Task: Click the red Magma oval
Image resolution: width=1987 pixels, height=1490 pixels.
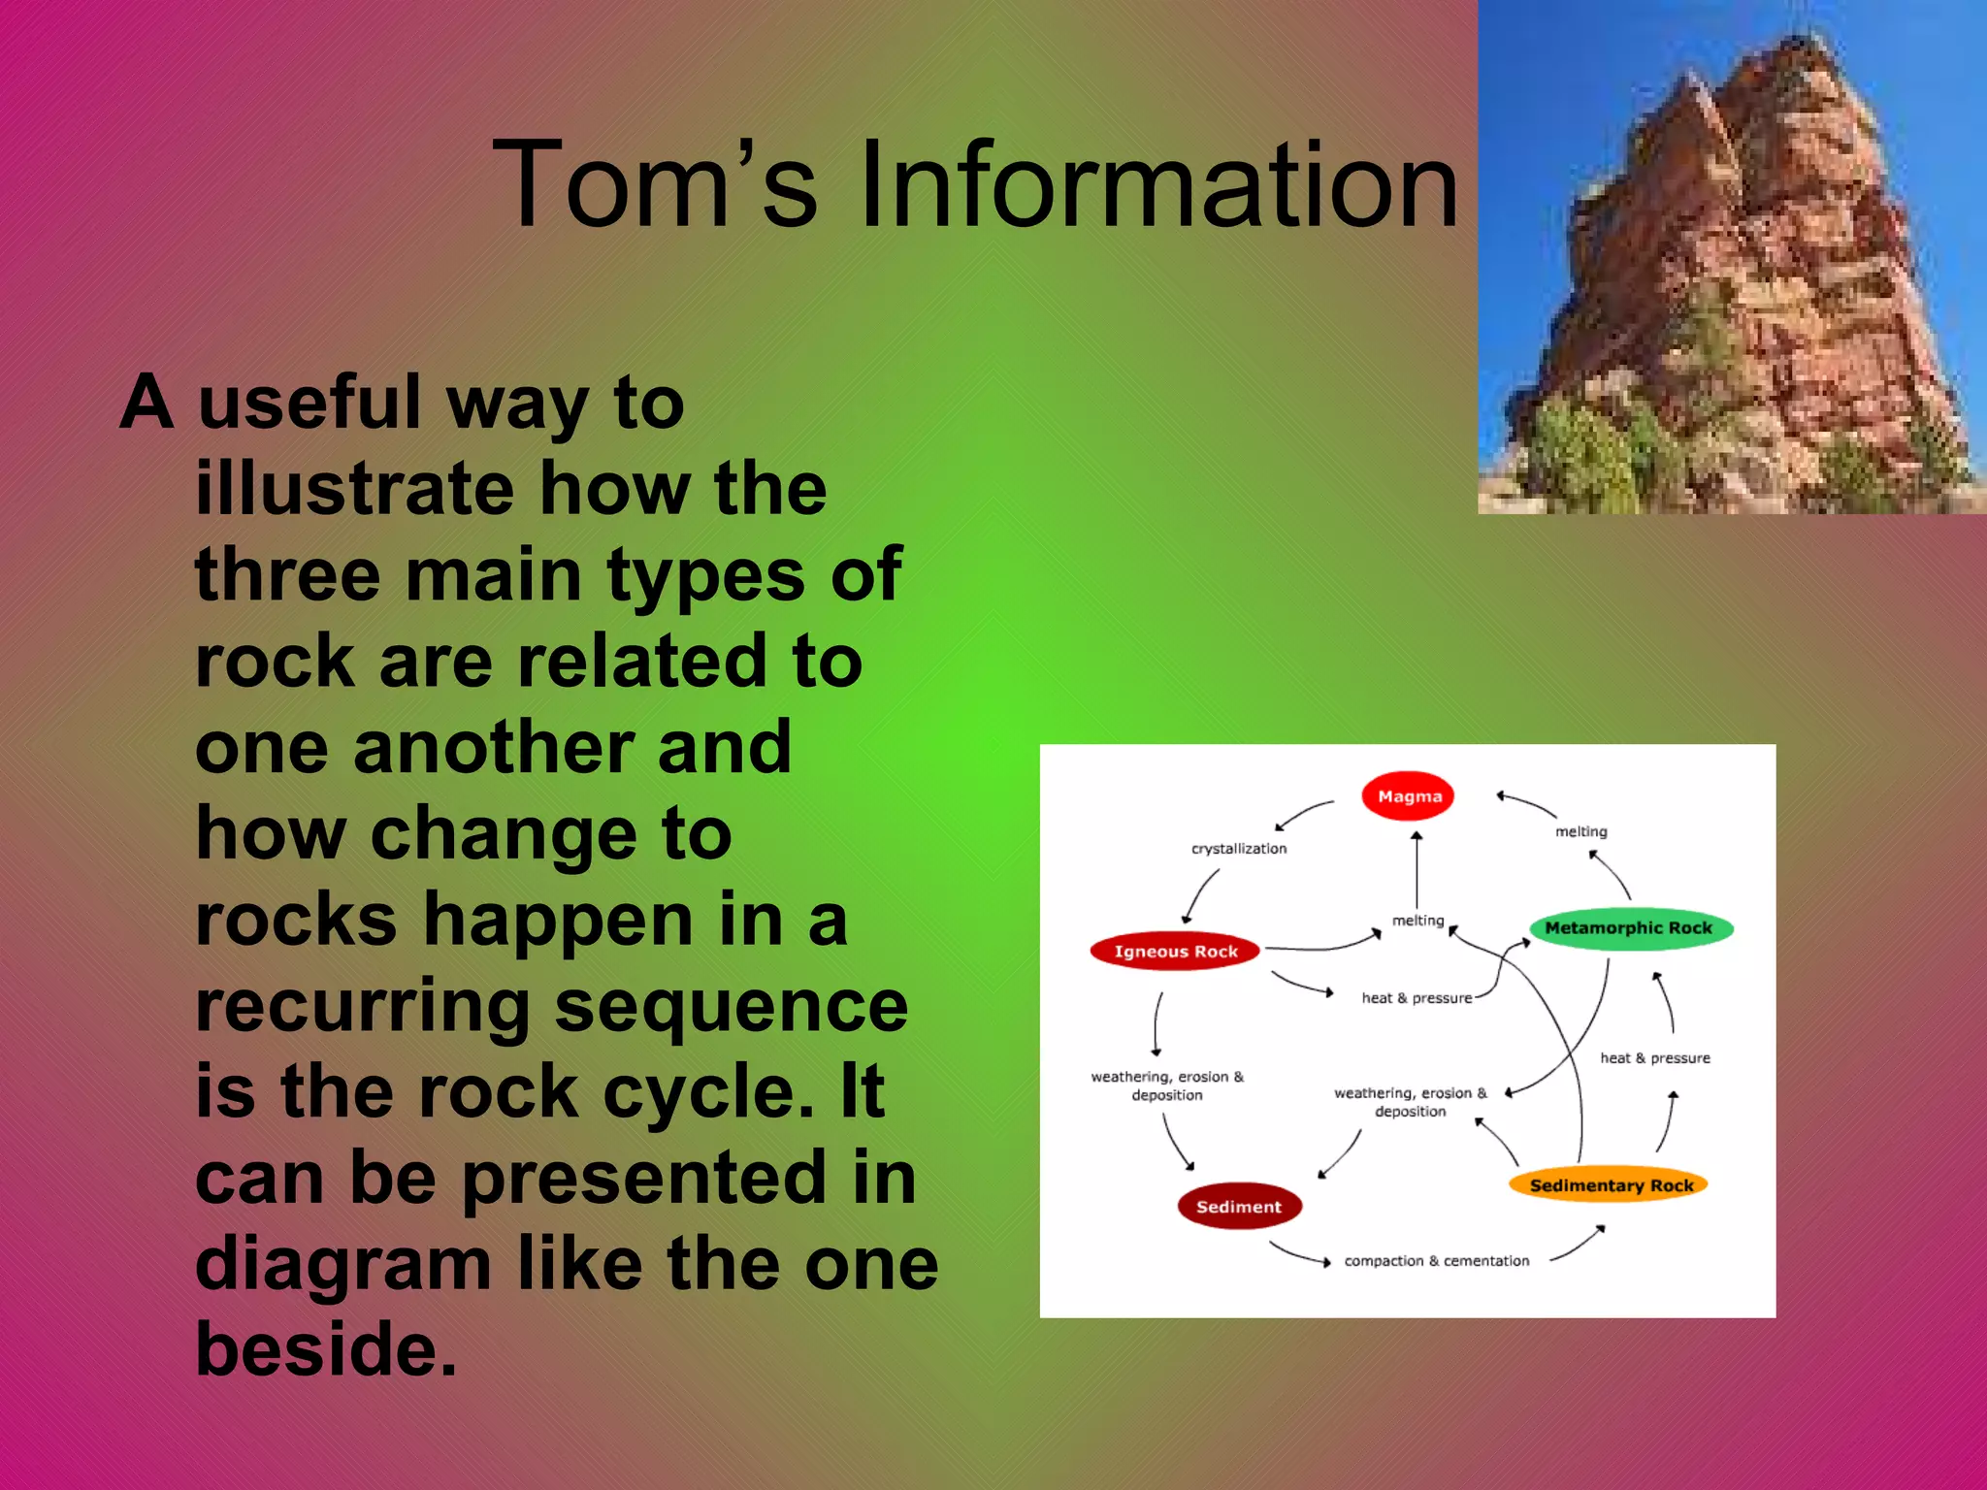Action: point(1408,796)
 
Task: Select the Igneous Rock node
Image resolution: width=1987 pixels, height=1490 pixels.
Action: point(1175,952)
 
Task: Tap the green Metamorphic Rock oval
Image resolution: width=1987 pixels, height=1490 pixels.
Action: point(1630,928)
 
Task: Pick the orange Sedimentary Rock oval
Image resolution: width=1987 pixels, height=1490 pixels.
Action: point(1610,1185)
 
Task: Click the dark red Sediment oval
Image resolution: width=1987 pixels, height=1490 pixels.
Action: point(1239,1207)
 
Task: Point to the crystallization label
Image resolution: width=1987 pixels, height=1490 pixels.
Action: point(1239,849)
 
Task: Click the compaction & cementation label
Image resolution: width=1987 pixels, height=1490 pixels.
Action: point(1436,1261)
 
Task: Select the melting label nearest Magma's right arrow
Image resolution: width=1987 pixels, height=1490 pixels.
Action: point(1580,832)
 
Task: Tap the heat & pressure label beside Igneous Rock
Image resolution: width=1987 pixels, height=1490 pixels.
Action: point(1417,998)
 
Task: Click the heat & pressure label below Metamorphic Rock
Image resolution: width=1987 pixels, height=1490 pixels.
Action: point(1655,1058)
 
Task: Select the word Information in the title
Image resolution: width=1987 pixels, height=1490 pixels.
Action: point(1159,184)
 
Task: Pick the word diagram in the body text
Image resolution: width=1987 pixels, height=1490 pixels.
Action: point(343,1264)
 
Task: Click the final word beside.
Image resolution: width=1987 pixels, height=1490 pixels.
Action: point(326,1349)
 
